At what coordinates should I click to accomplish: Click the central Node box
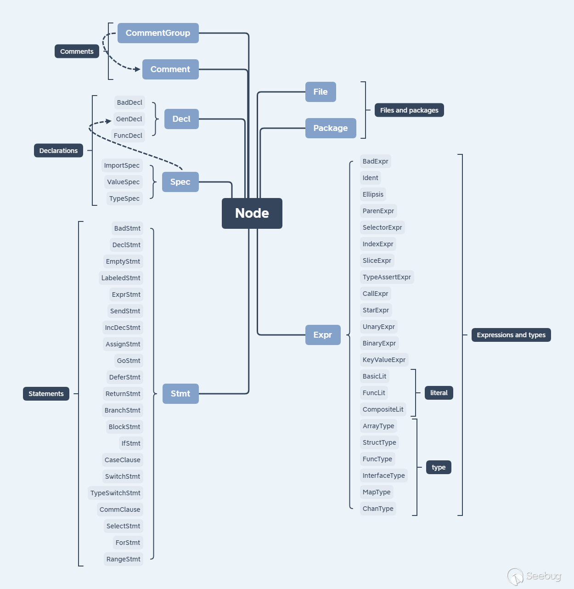(x=252, y=213)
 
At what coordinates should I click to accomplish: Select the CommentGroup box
(x=158, y=33)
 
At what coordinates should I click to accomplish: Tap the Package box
(x=331, y=128)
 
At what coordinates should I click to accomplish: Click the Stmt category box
(x=180, y=394)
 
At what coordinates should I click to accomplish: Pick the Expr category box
(x=323, y=335)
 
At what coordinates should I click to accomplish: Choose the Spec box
(x=180, y=182)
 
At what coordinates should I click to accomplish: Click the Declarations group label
(x=58, y=151)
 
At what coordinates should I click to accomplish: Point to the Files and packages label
(x=409, y=110)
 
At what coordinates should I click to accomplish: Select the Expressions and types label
(x=511, y=335)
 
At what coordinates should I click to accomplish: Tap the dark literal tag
(x=439, y=393)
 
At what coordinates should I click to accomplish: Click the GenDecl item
(x=129, y=119)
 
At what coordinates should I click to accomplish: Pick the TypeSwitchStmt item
(x=115, y=493)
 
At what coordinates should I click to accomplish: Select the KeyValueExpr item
(x=384, y=360)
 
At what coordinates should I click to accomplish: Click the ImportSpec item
(x=122, y=165)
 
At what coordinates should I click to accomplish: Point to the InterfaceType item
(x=384, y=476)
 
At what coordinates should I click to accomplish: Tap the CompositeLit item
(x=383, y=409)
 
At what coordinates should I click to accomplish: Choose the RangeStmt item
(x=123, y=559)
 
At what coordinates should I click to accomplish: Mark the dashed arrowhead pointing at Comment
(x=137, y=69)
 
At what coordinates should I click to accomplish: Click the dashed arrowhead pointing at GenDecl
(x=109, y=121)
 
